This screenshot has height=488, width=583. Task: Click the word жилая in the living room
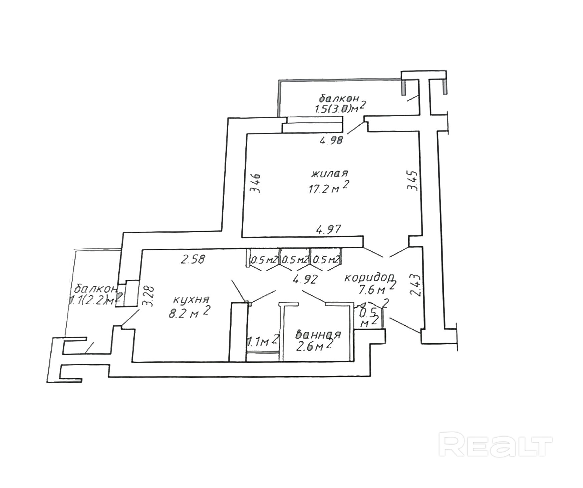(x=330, y=173)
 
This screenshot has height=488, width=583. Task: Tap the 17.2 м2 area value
(x=328, y=189)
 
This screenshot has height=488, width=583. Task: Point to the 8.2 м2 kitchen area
(x=190, y=313)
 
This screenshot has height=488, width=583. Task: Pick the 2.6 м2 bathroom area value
(x=314, y=347)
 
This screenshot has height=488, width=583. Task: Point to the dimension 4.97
(x=329, y=230)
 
